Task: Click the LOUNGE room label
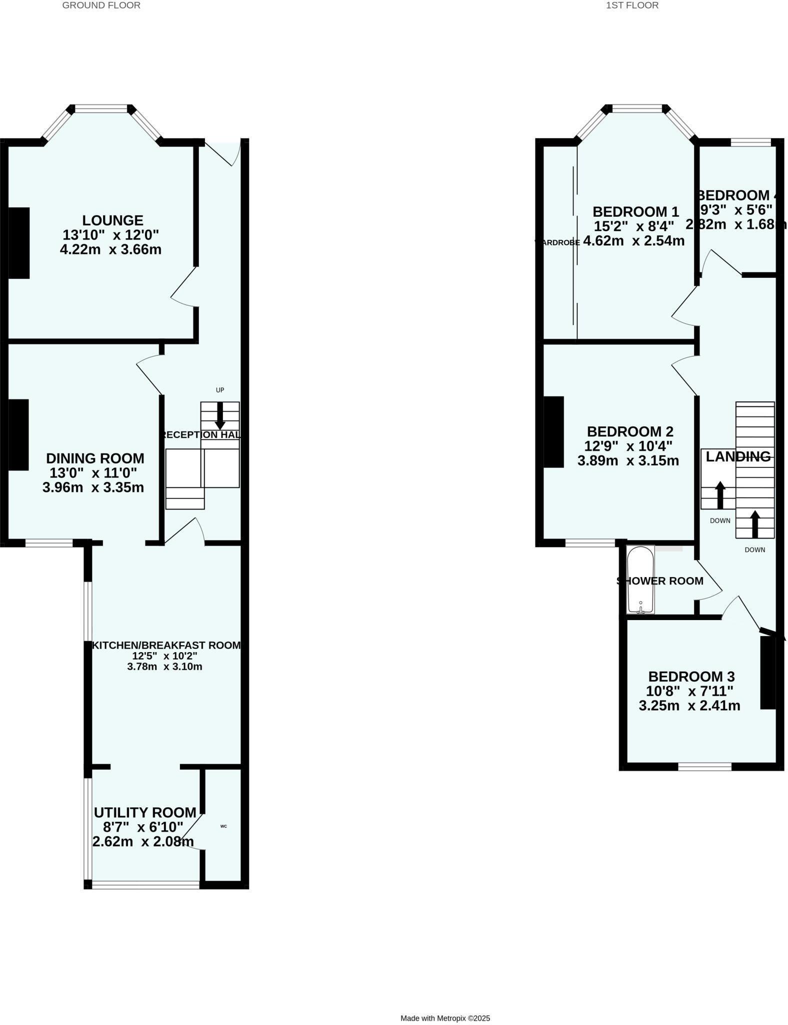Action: coord(112,220)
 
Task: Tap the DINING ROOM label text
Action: coord(95,458)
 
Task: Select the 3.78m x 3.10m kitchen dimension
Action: coord(164,667)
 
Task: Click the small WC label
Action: coord(223,826)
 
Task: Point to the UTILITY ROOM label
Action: coord(145,813)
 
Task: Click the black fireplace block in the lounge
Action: coord(19,243)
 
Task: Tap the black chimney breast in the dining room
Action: coord(18,435)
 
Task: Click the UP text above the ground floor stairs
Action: coord(220,390)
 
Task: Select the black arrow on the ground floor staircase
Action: coord(220,416)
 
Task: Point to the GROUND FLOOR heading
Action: coord(101,6)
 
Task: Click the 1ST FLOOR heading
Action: coord(632,6)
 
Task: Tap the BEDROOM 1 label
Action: coord(635,212)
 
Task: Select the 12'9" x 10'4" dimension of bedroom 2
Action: coord(628,446)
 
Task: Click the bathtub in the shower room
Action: coord(640,580)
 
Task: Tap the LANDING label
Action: coord(738,456)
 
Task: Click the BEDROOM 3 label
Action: coord(691,677)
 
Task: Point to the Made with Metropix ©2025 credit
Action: coord(445,1018)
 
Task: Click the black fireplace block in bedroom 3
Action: coord(768,672)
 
